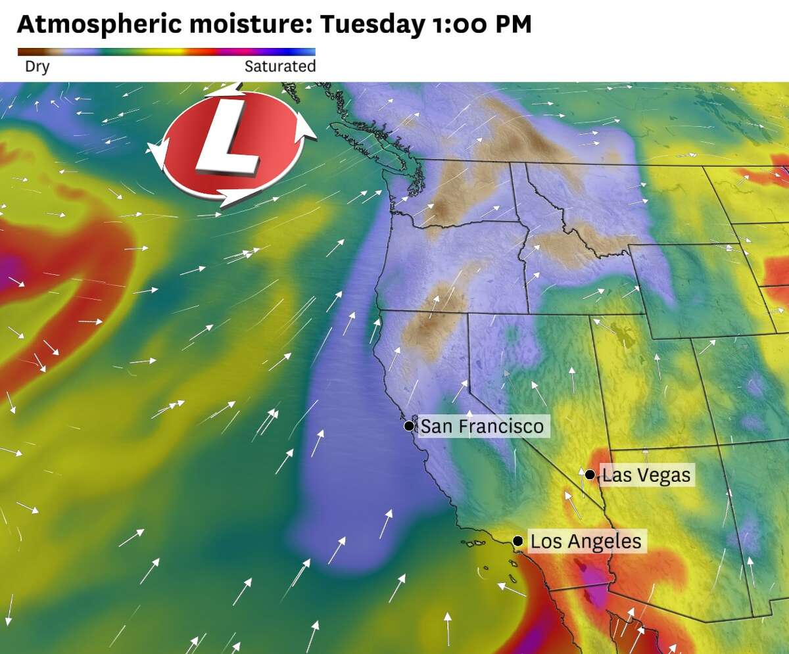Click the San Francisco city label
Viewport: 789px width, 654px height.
[x=482, y=427]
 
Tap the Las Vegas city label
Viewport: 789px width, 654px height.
[x=646, y=475]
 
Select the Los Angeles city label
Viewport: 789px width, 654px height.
[x=585, y=542]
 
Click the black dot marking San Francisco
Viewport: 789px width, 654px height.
[x=409, y=426]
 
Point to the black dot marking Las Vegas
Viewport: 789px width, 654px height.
[x=590, y=475]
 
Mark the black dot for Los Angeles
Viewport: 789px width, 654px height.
[x=518, y=541]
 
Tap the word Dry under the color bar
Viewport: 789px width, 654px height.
[x=37, y=66]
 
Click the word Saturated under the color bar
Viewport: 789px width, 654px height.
[x=280, y=66]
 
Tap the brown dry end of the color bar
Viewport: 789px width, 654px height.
[x=26, y=51]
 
